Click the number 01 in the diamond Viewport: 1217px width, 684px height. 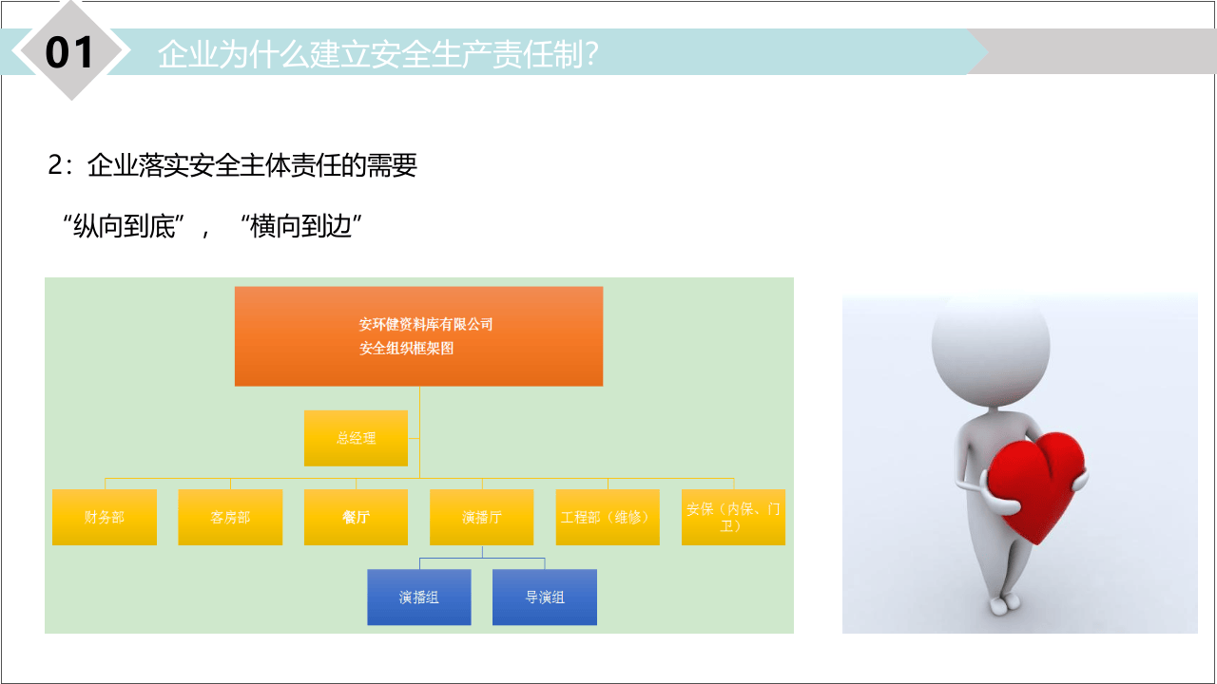point(70,52)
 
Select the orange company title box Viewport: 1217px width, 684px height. point(418,336)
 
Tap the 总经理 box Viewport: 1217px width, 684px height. point(356,438)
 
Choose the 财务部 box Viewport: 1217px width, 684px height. point(105,517)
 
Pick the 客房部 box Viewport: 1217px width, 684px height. point(230,517)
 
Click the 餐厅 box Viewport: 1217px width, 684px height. point(356,517)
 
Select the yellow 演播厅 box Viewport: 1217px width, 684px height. point(481,517)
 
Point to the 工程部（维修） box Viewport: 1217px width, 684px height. point(607,517)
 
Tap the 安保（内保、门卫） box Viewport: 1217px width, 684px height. point(733,517)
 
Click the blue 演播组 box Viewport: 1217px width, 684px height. point(418,598)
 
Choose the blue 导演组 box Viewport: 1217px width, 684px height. point(545,598)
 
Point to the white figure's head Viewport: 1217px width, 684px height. point(990,337)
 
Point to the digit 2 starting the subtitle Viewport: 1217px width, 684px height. point(55,166)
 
